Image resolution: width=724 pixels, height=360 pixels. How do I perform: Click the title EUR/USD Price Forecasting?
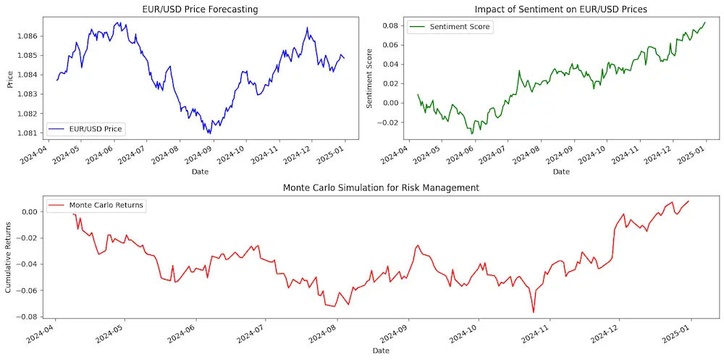200,9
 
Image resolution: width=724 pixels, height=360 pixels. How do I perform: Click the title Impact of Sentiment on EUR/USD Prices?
560,9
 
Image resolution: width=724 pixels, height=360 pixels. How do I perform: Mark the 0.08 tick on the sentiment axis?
390,25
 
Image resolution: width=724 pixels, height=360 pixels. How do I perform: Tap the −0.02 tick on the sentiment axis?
388,122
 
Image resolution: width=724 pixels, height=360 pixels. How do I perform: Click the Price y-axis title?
9,78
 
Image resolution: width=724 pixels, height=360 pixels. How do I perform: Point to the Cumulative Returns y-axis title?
9,257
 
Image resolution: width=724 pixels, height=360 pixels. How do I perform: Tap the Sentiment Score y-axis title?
370,78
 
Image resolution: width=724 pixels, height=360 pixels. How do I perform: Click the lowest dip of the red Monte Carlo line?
534,312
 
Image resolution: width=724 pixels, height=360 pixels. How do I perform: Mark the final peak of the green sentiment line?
704,22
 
